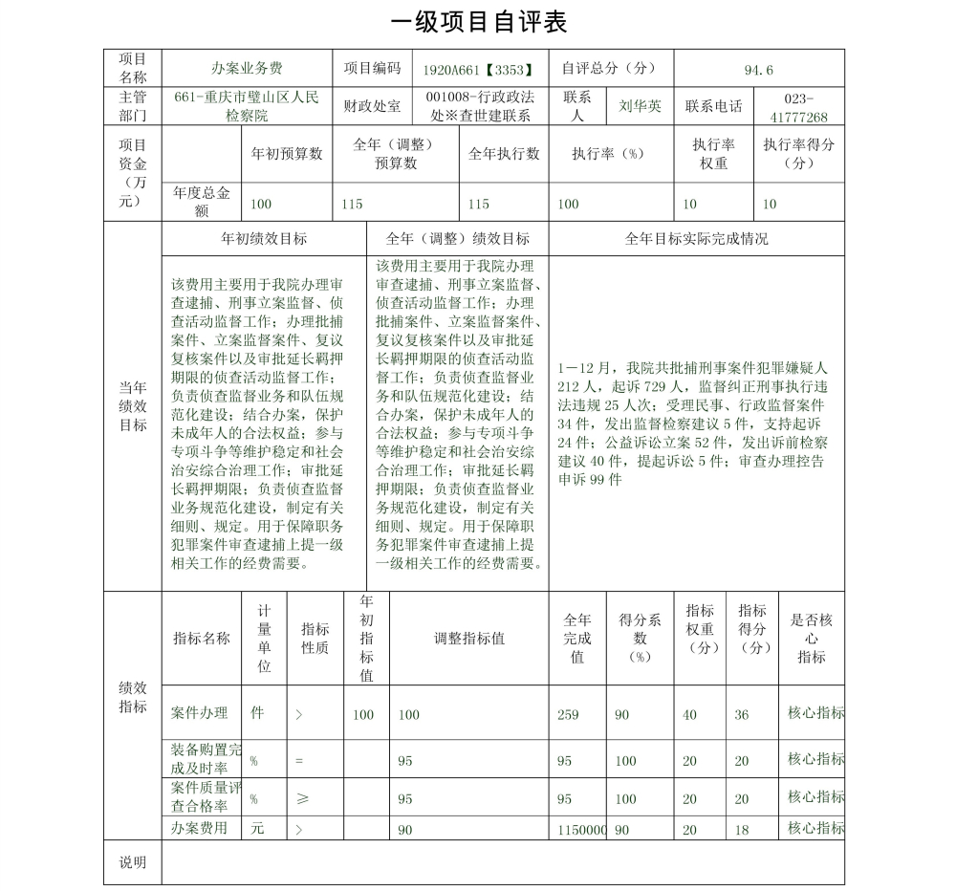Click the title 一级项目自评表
click(479, 22)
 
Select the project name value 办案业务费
click(247, 69)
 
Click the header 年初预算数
click(286, 154)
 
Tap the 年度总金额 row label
click(202, 202)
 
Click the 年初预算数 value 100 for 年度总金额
click(260, 204)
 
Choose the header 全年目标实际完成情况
click(696, 239)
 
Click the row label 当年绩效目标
click(133, 406)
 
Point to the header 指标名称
click(202, 639)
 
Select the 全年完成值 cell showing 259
click(568, 715)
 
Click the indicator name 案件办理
click(200, 713)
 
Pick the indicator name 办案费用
click(200, 828)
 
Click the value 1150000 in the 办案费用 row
click(582, 831)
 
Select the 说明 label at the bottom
click(133, 862)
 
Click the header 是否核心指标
click(812, 639)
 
